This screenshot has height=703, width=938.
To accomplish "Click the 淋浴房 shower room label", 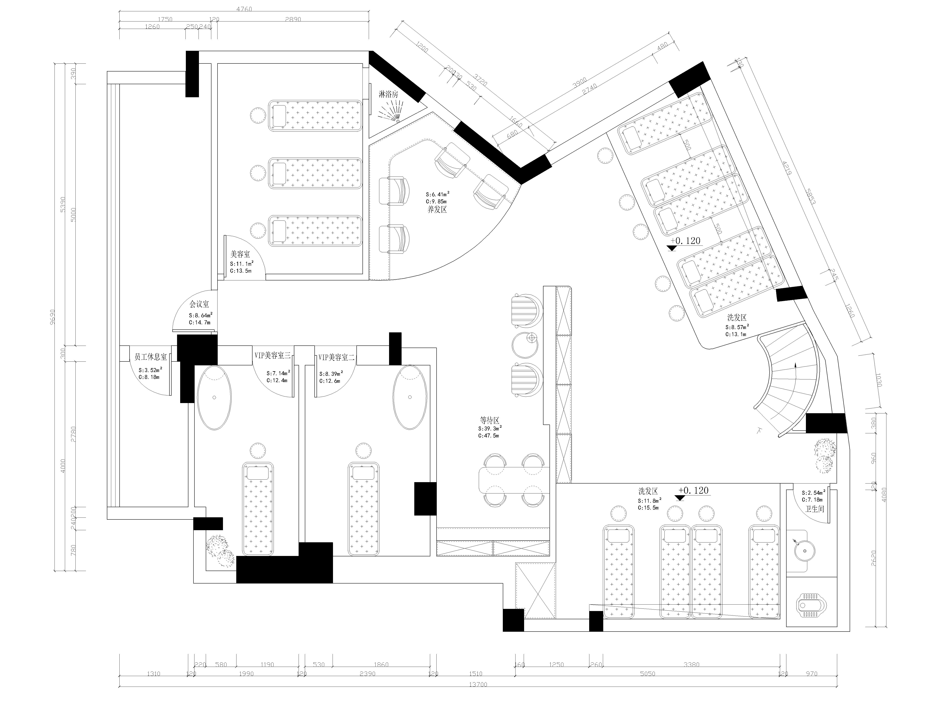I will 388,94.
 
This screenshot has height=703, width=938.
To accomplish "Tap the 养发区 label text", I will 437,209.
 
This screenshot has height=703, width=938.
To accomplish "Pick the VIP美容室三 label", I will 272,356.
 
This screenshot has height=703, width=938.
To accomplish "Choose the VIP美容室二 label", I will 336,357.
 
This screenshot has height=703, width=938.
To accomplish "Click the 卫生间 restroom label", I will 815,509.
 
